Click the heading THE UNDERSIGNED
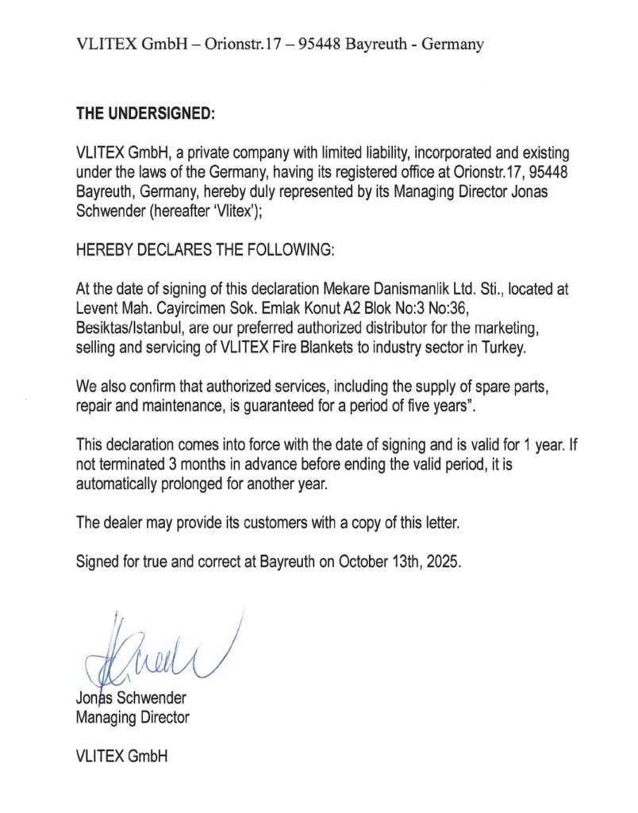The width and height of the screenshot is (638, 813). point(145,113)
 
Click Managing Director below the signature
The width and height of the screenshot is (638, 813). point(133,717)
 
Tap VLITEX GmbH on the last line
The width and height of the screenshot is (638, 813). point(121,757)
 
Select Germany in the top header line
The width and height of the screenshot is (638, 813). point(452,44)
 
